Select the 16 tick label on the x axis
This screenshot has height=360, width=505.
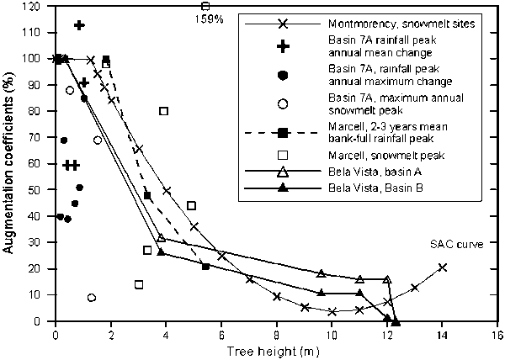click(497, 334)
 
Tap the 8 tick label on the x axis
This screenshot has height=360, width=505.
click(276, 334)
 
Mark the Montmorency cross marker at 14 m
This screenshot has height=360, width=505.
click(443, 267)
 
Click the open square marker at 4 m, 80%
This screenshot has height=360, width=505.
click(164, 111)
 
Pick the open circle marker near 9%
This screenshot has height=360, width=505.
click(91, 298)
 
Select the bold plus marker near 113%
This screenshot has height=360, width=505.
click(79, 25)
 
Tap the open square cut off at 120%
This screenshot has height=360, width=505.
click(205, 6)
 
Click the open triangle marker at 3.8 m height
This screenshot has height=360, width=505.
click(161, 238)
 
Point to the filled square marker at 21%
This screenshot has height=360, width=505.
click(205, 267)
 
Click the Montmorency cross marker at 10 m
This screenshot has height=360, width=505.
click(333, 311)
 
